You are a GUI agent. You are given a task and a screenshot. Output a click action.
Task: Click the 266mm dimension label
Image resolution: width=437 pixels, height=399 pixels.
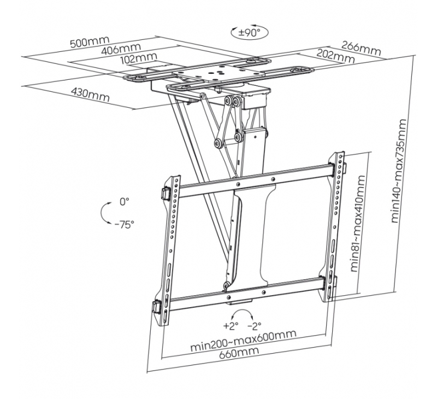(361, 48)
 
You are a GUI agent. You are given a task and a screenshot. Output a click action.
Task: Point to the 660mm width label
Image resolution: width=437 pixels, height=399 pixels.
(244, 353)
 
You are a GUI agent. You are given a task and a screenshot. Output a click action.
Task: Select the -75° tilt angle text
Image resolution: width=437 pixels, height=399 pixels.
(124, 224)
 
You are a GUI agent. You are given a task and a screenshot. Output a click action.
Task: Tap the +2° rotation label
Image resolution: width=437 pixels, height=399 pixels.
(230, 326)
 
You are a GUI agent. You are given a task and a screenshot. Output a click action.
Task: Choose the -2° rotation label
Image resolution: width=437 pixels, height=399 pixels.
(253, 326)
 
